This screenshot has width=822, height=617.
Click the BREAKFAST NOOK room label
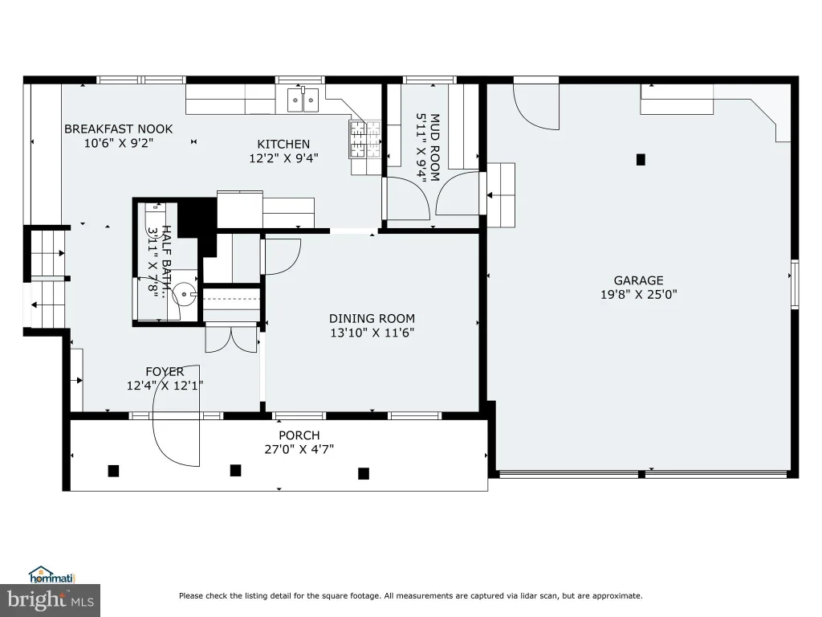(119, 129)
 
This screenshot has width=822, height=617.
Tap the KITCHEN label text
(283, 145)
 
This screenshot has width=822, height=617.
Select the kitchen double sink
(303, 100)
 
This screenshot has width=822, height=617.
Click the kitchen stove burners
(365, 139)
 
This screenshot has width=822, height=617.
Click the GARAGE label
(638, 280)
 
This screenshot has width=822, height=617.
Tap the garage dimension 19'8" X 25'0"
(638, 294)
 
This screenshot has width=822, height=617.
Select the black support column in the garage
(641, 160)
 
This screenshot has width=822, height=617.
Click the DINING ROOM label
(372, 318)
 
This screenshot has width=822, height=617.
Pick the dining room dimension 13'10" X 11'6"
(372, 333)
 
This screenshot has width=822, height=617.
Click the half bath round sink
(185, 294)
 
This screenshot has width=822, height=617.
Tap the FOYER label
(165, 372)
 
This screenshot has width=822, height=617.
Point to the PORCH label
(299, 435)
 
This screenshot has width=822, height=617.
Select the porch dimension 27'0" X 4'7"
(299, 450)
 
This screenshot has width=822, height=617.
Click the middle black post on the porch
(236, 470)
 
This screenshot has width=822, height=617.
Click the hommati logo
(52, 575)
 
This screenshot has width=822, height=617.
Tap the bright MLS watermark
(51, 599)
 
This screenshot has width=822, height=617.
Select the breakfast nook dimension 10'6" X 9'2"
(119, 143)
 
